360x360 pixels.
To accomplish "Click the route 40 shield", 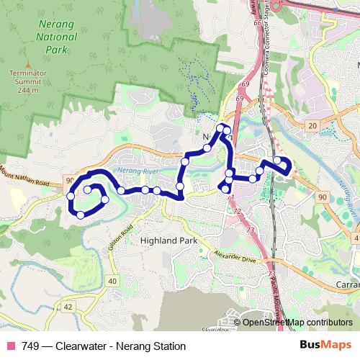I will tap(112, 281).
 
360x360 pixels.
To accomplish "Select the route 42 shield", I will tap(68, 307).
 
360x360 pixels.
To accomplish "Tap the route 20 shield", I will tap(312, 126).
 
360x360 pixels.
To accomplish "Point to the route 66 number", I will tap(258, 24).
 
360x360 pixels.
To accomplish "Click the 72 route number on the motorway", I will tap(238, 212).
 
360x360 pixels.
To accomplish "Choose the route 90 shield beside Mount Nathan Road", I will tap(69, 180).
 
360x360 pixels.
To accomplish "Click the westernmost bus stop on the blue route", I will tap(71, 196).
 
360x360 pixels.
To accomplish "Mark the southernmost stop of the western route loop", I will tap(81, 215).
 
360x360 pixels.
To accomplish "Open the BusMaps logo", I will tap(325, 346).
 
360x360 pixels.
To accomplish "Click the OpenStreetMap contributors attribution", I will tap(297, 323).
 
